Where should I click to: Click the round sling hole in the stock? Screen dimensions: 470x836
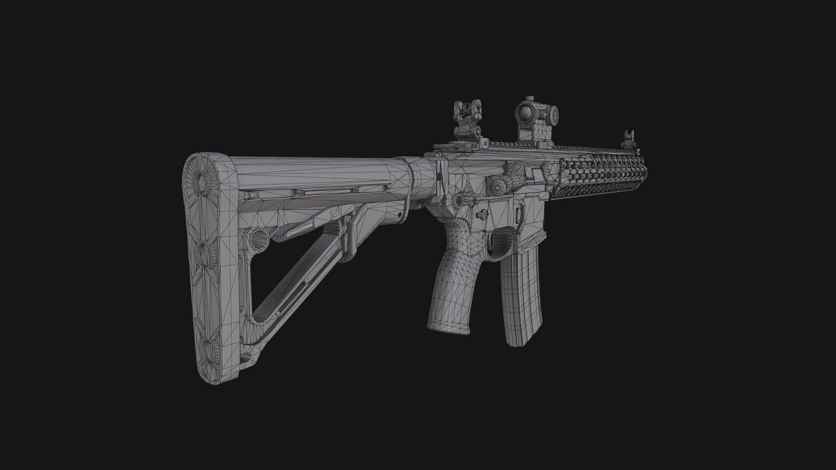(258, 238)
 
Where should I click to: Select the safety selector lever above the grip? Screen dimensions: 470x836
(482, 215)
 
